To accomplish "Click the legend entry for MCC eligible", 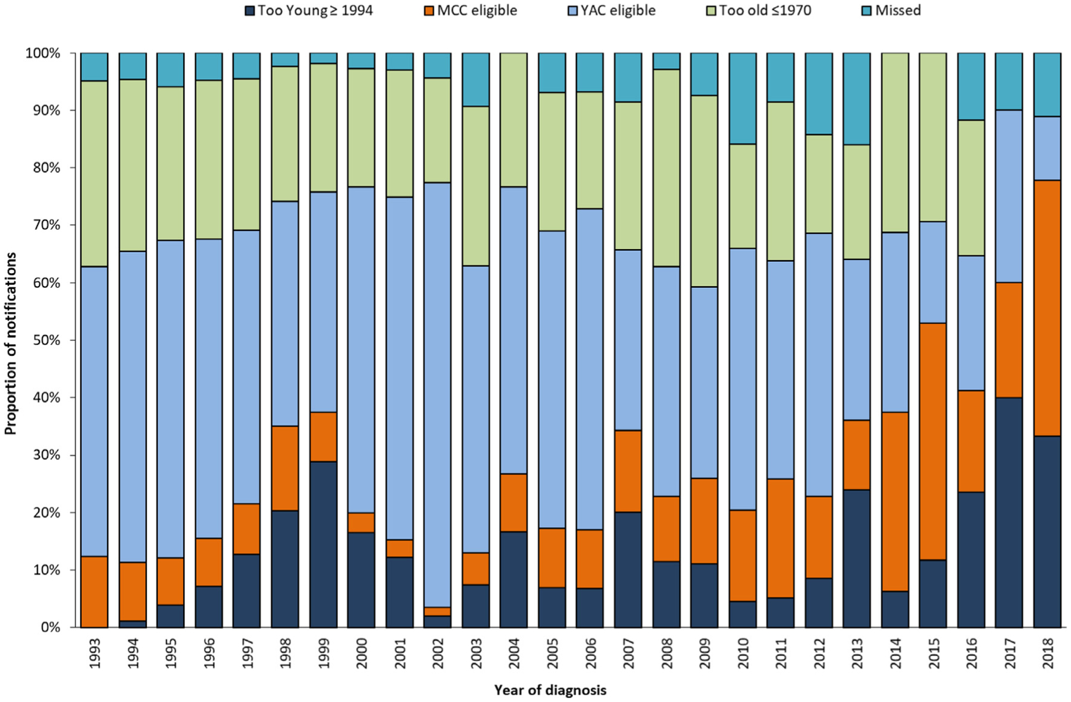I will [477, 10].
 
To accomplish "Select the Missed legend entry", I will [898, 10].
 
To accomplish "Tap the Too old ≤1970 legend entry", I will [765, 10].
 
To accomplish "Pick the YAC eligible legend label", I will [618, 10].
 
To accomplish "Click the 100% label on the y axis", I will [42, 54].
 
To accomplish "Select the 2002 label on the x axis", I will [439, 653].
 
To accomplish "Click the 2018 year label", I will [1048, 653].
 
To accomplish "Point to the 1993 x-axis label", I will [95, 653].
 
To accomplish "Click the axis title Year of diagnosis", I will [550, 690].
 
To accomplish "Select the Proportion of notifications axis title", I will [11, 343].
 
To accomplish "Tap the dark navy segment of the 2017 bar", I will [1009, 512].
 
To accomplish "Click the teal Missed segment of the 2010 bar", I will [743, 98].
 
